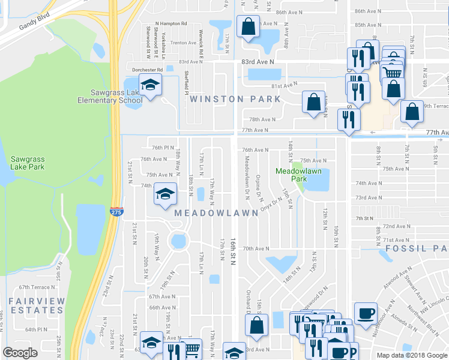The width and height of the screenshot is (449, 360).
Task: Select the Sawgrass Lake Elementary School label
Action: tap(110, 96)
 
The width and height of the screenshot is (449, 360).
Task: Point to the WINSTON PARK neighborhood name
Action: tap(235, 98)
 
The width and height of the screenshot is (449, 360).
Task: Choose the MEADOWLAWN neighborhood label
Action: tap(218, 213)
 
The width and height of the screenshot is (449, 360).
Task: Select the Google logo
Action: tap(20, 352)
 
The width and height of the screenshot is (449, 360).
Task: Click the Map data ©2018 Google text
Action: tap(412, 355)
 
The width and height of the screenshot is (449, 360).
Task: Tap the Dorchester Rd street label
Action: tap(143, 70)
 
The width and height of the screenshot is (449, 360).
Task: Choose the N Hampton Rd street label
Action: tap(171, 23)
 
